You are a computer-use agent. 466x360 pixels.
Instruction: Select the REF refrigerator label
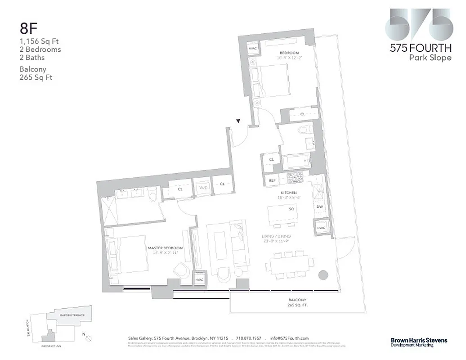point(272,180)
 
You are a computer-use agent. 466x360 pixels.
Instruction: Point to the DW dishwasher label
point(320,207)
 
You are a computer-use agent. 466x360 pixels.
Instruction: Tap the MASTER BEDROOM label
point(165,248)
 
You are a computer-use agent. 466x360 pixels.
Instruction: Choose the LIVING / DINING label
point(276,236)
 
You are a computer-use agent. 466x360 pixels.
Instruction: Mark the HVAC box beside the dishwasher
point(321,228)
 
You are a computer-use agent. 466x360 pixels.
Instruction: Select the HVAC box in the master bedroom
point(200,279)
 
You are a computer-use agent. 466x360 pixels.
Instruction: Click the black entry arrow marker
point(238,121)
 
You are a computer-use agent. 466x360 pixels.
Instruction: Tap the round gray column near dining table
point(323,275)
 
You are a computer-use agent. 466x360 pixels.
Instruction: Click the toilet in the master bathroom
point(152,195)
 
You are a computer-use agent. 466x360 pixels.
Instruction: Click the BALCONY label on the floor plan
point(297,300)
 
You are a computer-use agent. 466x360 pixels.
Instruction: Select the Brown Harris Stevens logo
point(418,342)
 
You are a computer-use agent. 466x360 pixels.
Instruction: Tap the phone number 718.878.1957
point(249,338)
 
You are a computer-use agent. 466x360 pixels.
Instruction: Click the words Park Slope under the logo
point(430,58)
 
